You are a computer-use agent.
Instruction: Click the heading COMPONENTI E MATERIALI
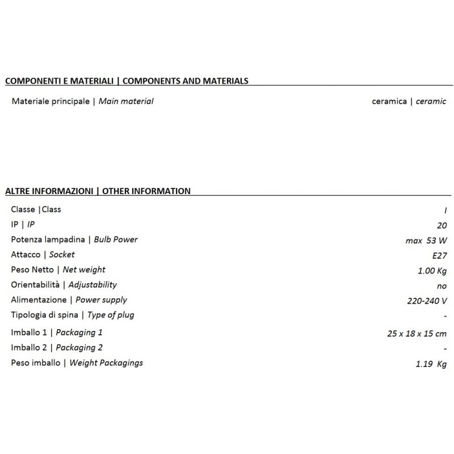point(60,81)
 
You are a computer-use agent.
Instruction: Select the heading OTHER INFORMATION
point(146,191)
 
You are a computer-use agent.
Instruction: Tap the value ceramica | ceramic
point(409,102)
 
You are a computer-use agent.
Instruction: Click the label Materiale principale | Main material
point(82,102)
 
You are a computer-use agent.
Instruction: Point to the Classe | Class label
point(36,209)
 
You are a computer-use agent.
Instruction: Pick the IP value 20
point(442,225)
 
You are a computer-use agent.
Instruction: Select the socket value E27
point(438,255)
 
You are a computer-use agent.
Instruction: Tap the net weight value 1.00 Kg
point(432,271)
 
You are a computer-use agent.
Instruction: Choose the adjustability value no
point(442,286)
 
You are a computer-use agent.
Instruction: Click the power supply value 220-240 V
point(427,301)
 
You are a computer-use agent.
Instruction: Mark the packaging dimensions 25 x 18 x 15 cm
point(417,334)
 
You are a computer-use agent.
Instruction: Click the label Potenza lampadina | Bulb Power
point(74,239)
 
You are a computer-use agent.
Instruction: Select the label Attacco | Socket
point(43,255)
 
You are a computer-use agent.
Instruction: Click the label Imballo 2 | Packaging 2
point(57,348)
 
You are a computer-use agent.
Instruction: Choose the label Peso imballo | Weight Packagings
point(77,363)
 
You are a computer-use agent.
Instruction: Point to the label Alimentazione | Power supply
point(69,300)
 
